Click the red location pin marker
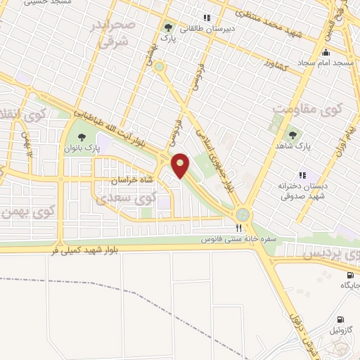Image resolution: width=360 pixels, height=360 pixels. (181, 166)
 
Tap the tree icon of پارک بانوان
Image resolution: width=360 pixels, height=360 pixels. (83, 137)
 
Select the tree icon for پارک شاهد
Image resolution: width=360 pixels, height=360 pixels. (291, 134)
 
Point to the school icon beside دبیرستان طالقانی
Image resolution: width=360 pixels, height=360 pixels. (206, 18)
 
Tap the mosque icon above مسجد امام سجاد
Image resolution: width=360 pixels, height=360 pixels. (325, 53)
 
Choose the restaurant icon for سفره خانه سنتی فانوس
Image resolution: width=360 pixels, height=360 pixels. (239, 228)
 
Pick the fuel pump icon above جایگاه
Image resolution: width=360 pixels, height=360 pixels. (350, 275)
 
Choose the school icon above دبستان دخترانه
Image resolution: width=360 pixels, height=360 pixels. (302, 175)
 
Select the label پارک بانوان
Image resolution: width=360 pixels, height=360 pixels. (79, 150)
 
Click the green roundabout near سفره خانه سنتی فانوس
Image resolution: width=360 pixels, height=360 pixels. (243, 214)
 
